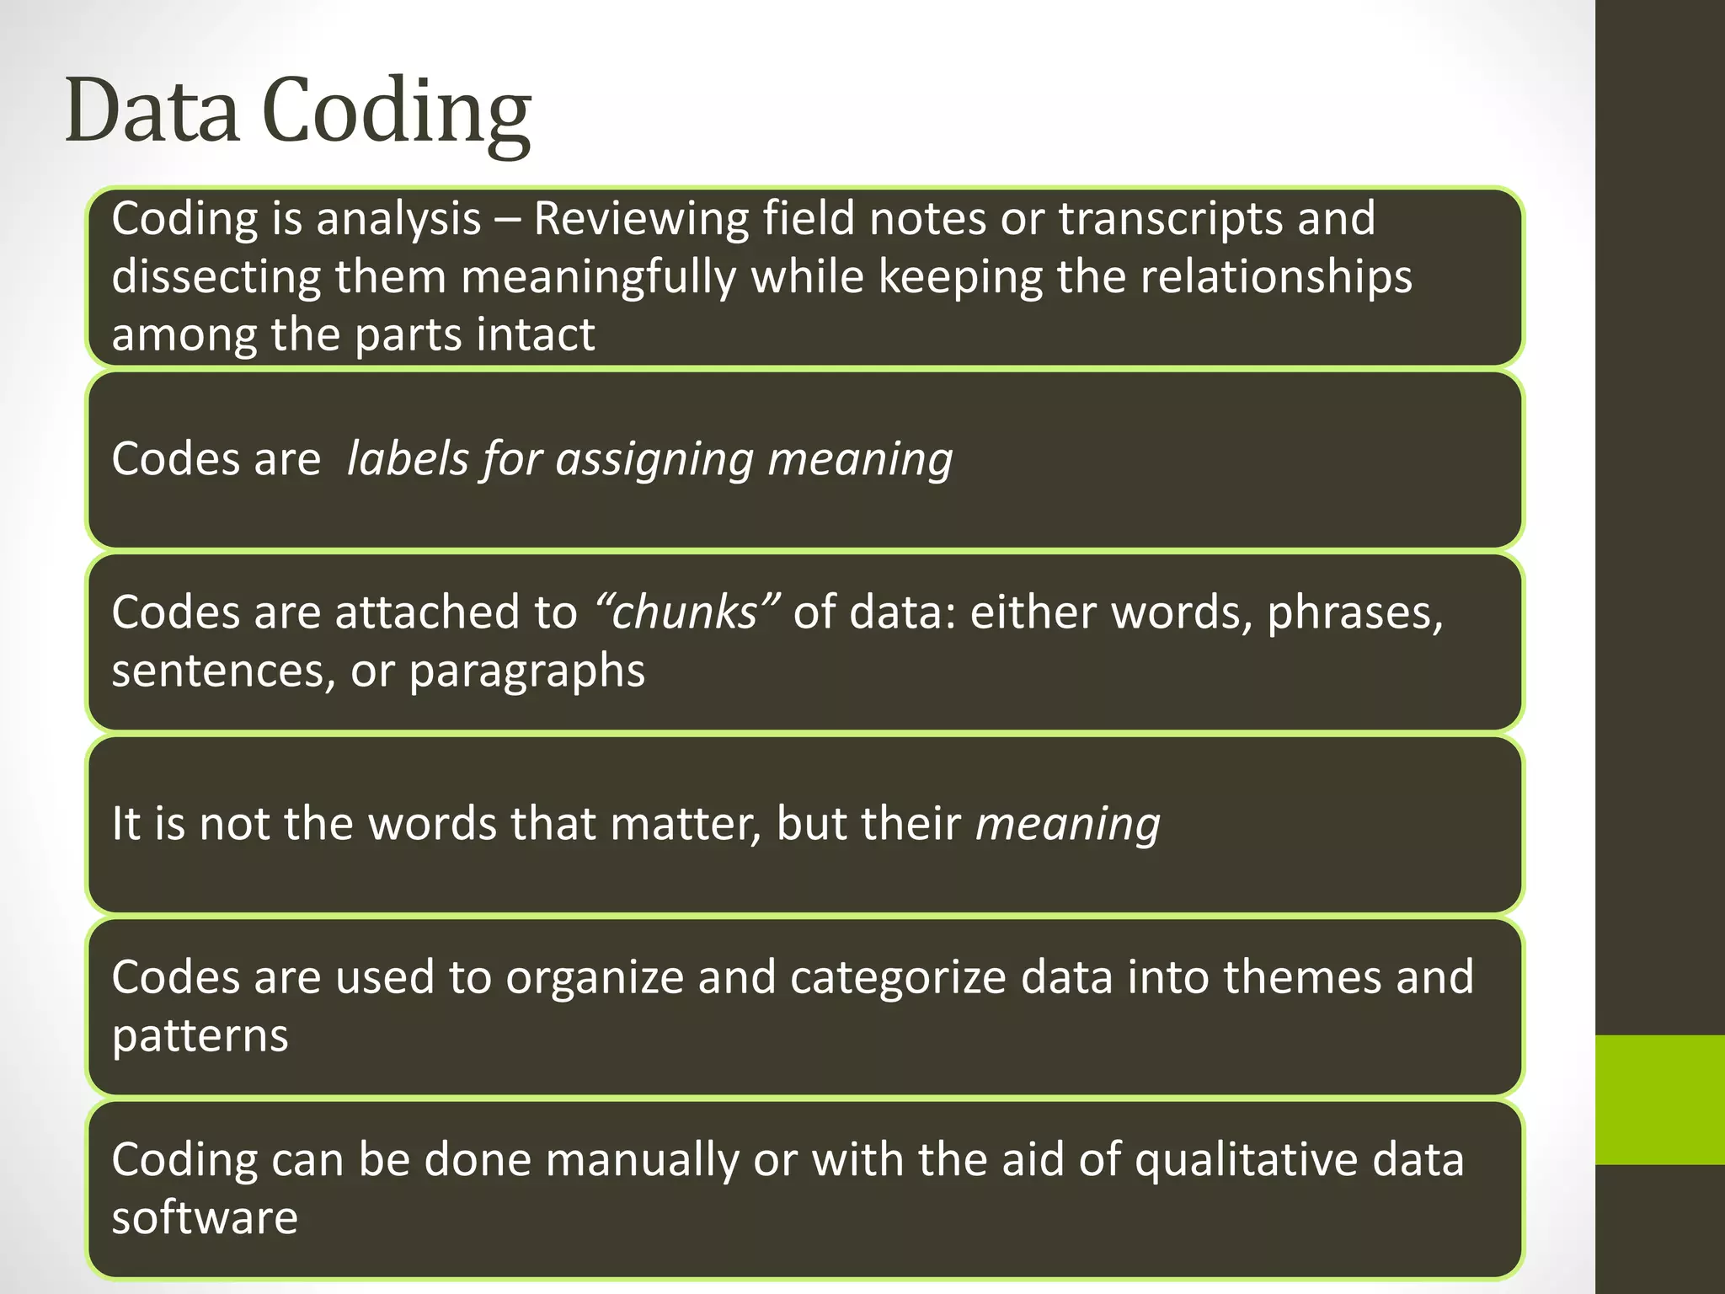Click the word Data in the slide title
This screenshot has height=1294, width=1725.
[x=152, y=110]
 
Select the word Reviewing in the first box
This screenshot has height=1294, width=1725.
[x=640, y=219]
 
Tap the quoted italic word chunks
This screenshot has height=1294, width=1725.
[x=686, y=612]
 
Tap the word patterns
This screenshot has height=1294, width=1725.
[x=200, y=1036]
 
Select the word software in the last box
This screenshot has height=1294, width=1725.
[x=205, y=1218]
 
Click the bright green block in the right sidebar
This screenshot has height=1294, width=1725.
[x=1660, y=1099]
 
